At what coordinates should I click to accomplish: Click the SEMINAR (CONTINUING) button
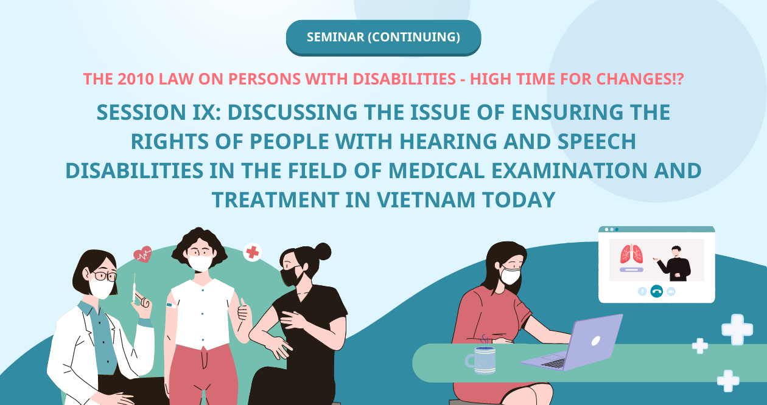pos(383,38)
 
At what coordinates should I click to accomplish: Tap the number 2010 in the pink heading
pos(136,79)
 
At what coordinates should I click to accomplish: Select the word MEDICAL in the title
pos(436,171)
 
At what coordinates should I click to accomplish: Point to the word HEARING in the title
pos(448,142)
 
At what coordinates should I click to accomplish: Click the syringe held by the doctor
pos(134,288)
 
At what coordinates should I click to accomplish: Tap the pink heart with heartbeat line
pos(142,254)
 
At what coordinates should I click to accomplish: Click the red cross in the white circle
pos(253,253)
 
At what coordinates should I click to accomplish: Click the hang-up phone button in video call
pos(656,291)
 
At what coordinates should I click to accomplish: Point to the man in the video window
pos(674,263)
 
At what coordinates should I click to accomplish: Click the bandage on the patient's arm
pos(171,305)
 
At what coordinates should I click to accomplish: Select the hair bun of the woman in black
pos(323,252)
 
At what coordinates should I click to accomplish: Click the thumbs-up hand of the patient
pos(243,310)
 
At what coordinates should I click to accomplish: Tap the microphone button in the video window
pos(642,291)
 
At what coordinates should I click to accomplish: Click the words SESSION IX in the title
pos(158,112)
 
